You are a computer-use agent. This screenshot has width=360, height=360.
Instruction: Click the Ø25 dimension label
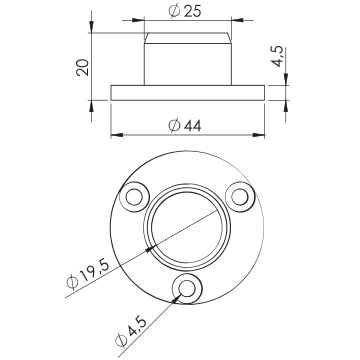pos(185,11)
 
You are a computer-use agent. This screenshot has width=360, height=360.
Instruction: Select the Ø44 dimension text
pos(185,126)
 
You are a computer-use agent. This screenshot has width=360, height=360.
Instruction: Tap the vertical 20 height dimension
pos(83,67)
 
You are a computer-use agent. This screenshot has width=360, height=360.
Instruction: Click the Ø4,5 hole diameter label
pos(131,332)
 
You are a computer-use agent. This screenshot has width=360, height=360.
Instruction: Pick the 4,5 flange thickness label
pos(278,57)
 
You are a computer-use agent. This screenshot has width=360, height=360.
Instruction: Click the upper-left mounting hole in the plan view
pos(134,197)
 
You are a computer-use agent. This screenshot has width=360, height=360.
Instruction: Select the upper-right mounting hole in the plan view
pos(240,197)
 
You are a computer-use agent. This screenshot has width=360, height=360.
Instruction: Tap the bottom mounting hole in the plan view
pos(187,288)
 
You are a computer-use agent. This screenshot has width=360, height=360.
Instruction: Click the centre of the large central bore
pos(187,227)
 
